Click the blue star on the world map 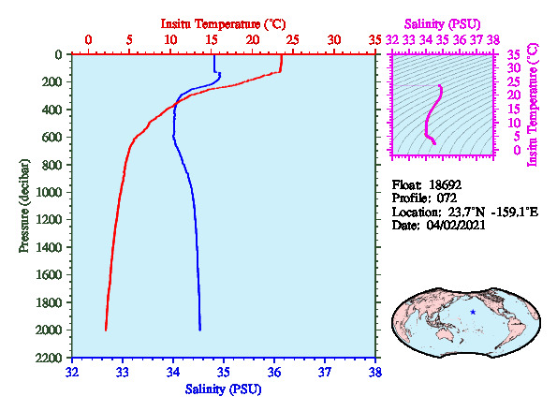coord(473,312)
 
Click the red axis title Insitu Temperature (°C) coord(223,24)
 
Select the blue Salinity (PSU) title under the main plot coord(223,389)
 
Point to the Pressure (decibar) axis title coord(24,206)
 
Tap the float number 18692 coord(445,184)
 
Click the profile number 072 coord(447,198)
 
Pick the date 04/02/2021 coord(456,225)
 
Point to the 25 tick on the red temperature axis coord(293,39)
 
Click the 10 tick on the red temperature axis coord(170,39)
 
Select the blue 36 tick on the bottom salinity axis coord(274,373)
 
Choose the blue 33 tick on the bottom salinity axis coord(123,373)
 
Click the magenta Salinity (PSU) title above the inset coord(442,24)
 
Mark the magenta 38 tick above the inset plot coord(493,39)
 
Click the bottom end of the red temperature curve coord(106,330)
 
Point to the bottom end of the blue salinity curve coord(200,330)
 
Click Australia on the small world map coord(448,334)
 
